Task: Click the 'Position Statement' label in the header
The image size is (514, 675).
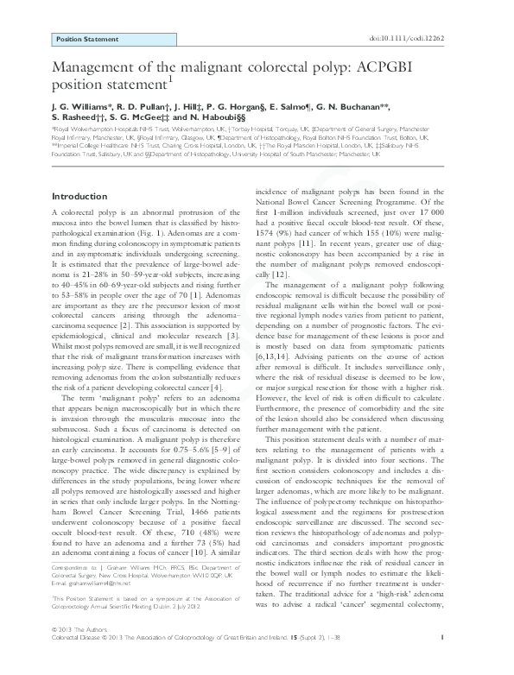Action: pyautogui.click(x=86, y=40)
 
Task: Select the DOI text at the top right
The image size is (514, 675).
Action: pyautogui.click(x=427, y=39)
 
